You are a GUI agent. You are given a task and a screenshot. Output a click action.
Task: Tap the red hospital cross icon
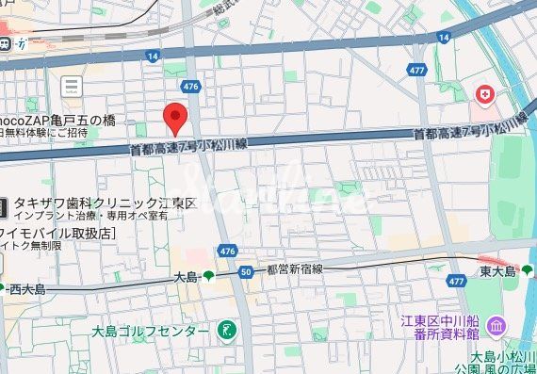pyautogui.click(x=484, y=94)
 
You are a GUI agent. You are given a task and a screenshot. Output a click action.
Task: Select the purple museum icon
pyautogui.click(x=496, y=326)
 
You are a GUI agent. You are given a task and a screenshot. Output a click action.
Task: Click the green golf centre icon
pyautogui.click(x=226, y=331)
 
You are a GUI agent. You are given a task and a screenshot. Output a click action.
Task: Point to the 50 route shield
pyautogui.click(x=247, y=272)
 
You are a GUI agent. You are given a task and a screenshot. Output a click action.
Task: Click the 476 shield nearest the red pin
pyautogui.click(x=192, y=86)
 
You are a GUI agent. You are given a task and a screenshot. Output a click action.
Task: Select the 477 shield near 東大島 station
pyautogui.click(x=457, y=281)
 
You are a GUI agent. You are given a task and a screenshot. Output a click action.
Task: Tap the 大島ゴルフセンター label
pyautogui.click(x=151, y=332)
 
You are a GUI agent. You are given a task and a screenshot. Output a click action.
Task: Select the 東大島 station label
pyautogui.click(x=497, y=271)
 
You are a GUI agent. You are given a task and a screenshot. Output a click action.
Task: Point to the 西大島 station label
pyautogui.click(x=24, y=287)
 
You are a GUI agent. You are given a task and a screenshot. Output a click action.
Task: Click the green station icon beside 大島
pyautogui.click(x=208, y=276)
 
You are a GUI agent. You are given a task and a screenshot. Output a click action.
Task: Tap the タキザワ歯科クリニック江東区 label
pyautogui.click(x=104, y=203)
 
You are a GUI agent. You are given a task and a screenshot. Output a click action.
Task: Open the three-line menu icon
pyautogui.click(x=71, y=87)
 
